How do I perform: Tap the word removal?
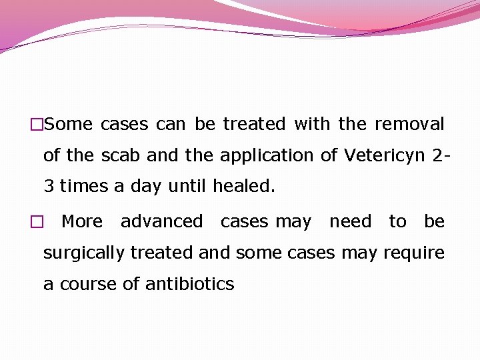pyautogui.click(x=409, y=125)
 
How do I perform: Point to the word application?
pyautogui.click(x=267, y=156)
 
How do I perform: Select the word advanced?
pyautogui.click(x=161, y=222)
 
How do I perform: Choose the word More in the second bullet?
pyautogui.click(x=82, y=222)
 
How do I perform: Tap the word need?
pyautogui.click(x=350, y=222)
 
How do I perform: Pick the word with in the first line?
pyautogui.click(x=312, y=125)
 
